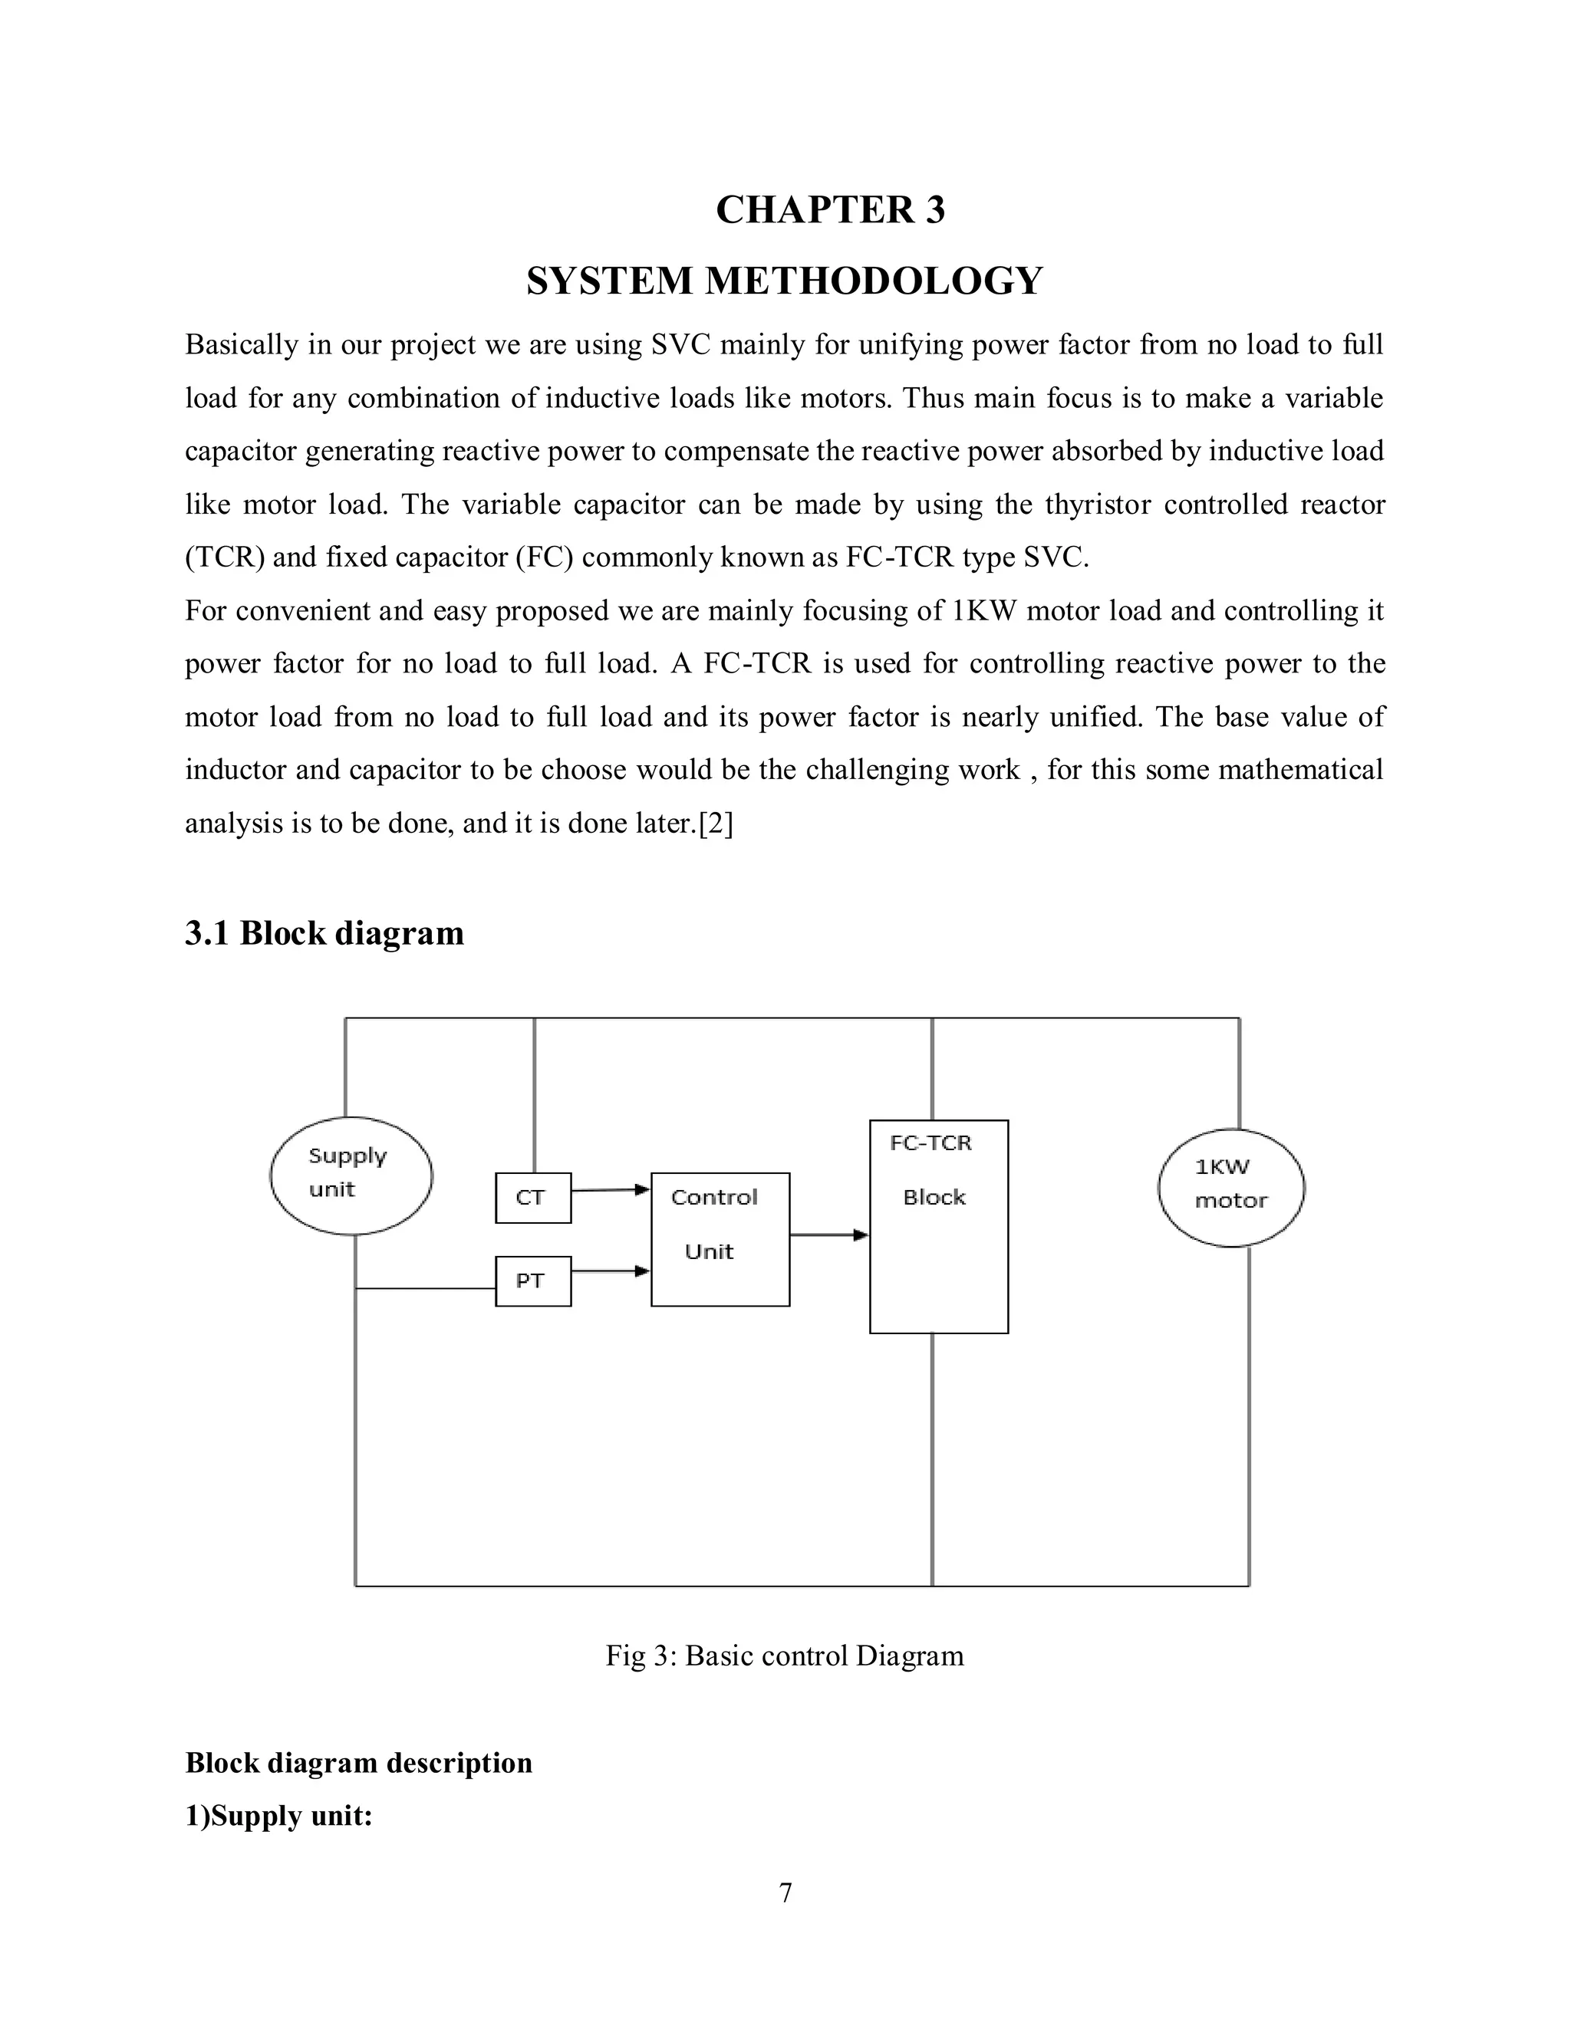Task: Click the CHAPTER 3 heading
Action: pos(830,210)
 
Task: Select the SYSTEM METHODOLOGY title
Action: pos(785,281)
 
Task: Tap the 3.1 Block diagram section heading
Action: pos(324,932)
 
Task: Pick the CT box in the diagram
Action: pos(532,1198)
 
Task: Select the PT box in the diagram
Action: pos(532,1281)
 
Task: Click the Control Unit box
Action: pos(720,1238)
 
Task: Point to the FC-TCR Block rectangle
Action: pos(938,1226)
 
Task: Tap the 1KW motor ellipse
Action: pos(1230,1187)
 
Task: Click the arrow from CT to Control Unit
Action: pos(611,1189)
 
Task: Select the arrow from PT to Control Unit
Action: pos(611,1271)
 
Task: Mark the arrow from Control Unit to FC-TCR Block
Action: pos(828,1235)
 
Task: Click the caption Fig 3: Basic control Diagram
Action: pos(785,1656)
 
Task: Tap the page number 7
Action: pos(785,1893)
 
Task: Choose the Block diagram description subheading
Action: pos(358,1762)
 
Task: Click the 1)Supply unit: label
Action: pos(278,1815)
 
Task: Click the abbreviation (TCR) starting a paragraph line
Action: pos(226,557)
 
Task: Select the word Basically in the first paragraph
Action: pos(241,345)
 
